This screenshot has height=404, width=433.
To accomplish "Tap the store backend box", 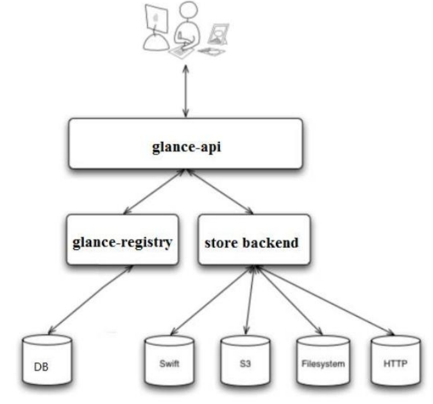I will [x=250, y=242].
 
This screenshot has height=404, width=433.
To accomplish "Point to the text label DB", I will [x=40, y=369].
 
